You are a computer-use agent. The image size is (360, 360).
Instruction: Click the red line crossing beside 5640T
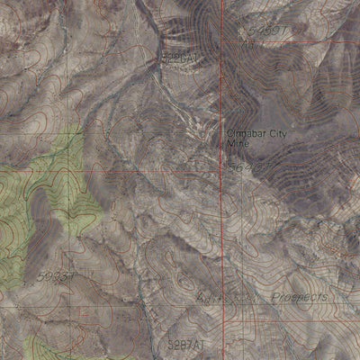223,169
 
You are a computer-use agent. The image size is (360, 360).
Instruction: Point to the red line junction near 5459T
223,41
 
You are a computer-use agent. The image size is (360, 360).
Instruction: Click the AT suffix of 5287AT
200,344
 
